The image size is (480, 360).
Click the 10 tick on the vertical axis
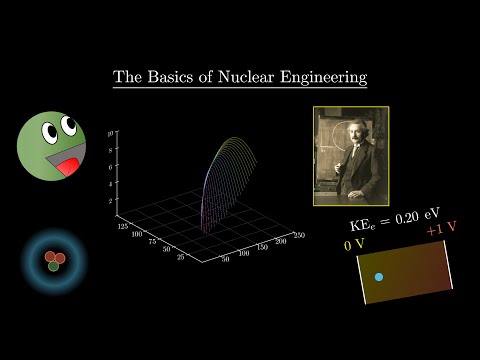click(x=120, y=132)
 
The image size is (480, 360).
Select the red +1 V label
click(x=441, y=231)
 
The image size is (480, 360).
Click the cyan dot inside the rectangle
click(x=378, y=276)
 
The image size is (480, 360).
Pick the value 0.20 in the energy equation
click(x=413, y=213)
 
